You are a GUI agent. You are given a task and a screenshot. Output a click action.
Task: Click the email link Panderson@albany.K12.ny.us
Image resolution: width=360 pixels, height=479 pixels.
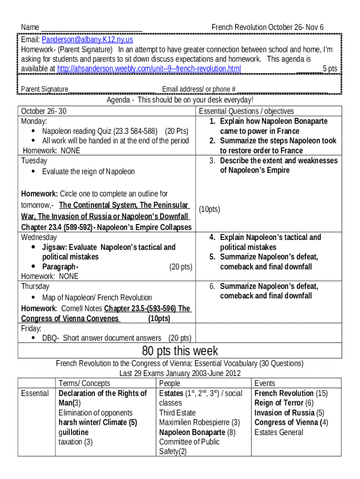tap(87, 40)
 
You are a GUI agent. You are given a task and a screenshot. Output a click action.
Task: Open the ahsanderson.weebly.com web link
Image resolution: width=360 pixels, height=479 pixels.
tap(149, 69)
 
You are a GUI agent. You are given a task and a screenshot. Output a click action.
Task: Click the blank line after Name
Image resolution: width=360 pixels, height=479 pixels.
tap(92, 28)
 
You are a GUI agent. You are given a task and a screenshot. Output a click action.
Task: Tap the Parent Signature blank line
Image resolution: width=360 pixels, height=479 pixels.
tap(112, 89)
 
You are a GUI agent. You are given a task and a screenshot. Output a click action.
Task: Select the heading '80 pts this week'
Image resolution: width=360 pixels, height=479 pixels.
tap(180, 351)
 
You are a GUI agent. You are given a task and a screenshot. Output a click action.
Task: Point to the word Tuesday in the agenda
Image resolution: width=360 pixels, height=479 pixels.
tap(34, 161)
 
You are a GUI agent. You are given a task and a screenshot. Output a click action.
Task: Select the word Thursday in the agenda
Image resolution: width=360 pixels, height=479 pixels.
tap(35, 286)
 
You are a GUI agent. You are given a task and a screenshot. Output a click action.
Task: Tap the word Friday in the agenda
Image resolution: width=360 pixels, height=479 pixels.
tap(31, 328)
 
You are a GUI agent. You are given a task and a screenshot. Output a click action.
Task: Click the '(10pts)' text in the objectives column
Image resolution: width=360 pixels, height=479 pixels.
tap(209, 210)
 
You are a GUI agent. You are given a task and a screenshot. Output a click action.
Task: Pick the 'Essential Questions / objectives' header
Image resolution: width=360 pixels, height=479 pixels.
tap(246, 111)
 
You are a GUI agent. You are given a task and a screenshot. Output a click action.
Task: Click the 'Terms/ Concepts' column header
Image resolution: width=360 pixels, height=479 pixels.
tap(85, 384)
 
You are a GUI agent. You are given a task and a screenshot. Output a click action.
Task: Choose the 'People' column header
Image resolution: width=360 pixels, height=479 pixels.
tap(170, 384)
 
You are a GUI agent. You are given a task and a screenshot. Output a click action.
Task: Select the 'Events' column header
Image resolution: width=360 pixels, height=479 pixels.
tap(265, 384)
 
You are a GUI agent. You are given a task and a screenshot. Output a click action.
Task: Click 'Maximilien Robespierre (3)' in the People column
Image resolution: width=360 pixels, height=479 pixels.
tap(200, 422)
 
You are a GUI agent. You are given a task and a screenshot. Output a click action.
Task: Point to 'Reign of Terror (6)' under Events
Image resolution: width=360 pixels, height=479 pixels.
tap(284, 403)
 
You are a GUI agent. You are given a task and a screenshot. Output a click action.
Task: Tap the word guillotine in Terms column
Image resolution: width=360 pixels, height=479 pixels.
tap(73, 432)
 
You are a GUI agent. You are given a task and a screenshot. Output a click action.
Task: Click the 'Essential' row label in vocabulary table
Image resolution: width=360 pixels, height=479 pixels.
tap(35, 393)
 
